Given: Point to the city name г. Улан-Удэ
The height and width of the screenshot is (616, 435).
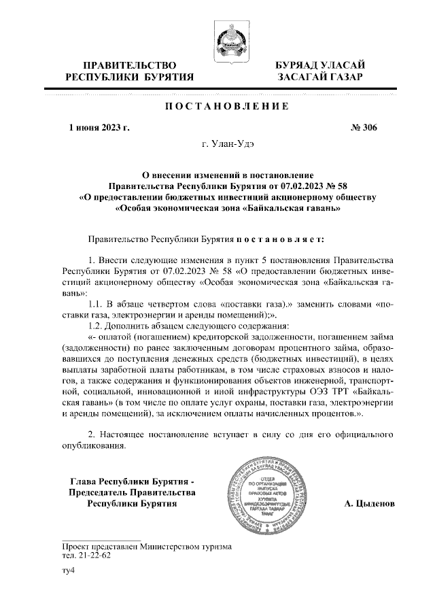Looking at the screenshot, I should click(x=226, y=144).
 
